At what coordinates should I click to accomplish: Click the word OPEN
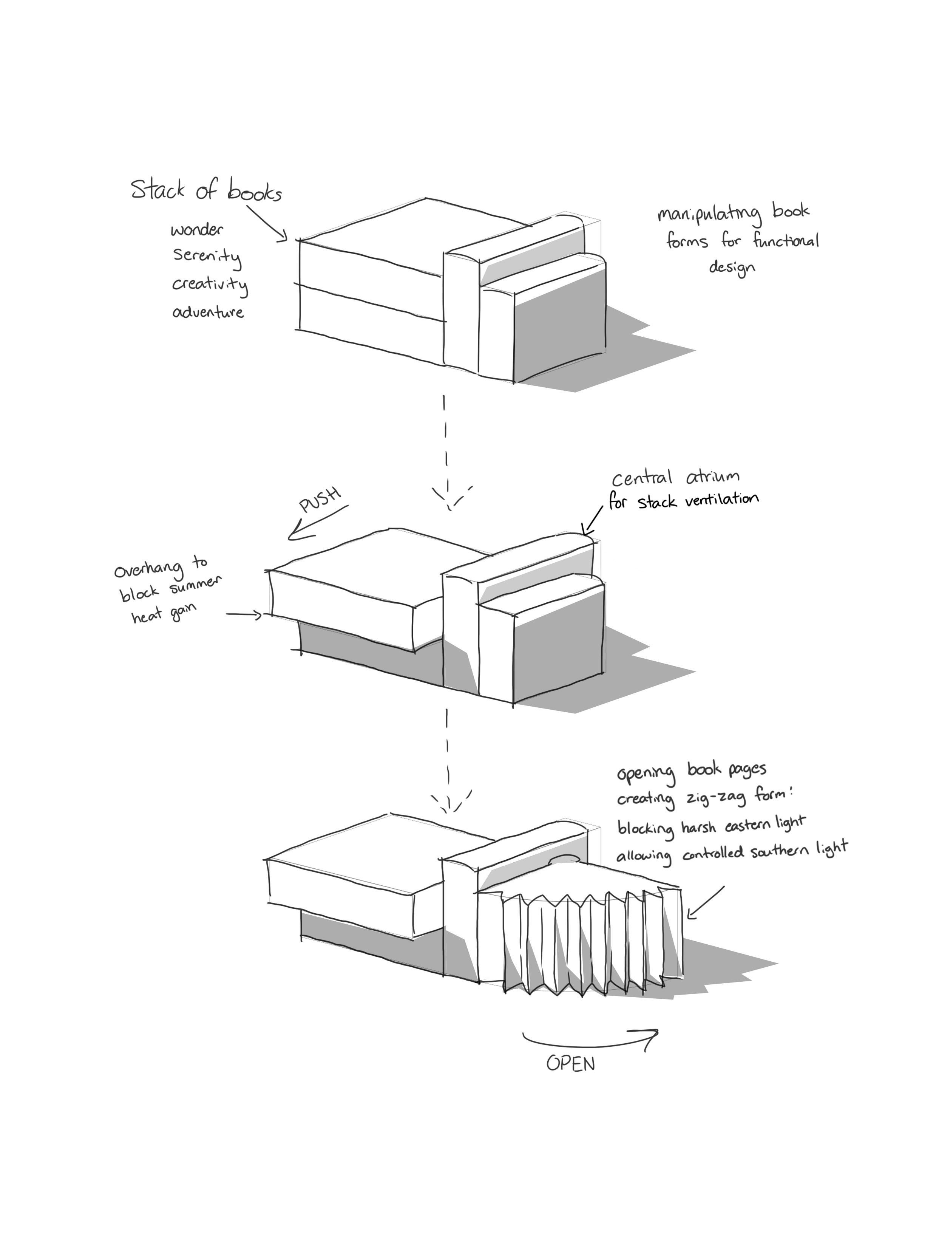click(x=570, y=1064)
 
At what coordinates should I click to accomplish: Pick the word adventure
click(x=208, y=312)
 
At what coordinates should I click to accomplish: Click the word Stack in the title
click(x=158, y=189)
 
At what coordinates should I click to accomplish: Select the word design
click(x=732, y=267)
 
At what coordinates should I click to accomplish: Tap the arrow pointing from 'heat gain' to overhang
click(x=244, y=614)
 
